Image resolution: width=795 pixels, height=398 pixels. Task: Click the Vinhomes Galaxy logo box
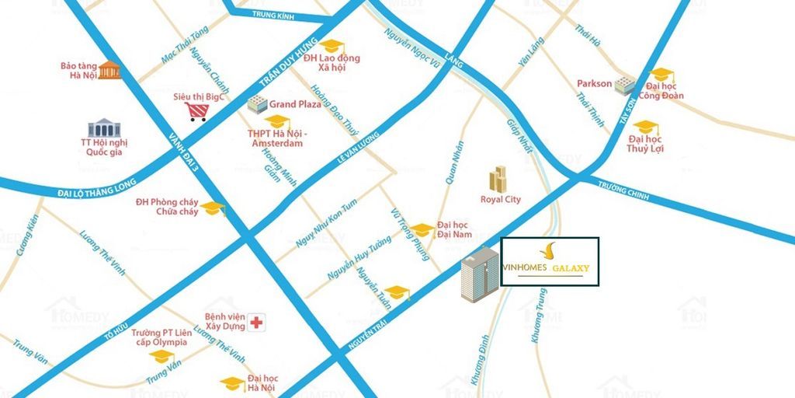coord(550,262)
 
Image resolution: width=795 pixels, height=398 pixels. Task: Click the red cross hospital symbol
coord(256,321)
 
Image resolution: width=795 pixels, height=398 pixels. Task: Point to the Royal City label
coord(501,200)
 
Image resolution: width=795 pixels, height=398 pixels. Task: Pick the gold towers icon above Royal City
coord(498,179)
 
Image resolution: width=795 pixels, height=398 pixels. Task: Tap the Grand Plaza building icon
coord(256,103)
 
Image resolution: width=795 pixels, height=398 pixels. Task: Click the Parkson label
coord(594,83)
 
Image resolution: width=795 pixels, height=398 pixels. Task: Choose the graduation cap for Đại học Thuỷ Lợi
coord(644,126)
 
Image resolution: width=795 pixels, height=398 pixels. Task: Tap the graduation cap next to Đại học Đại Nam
coord(422,229)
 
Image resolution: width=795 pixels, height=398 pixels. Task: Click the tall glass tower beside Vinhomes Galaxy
coord(479,277)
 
